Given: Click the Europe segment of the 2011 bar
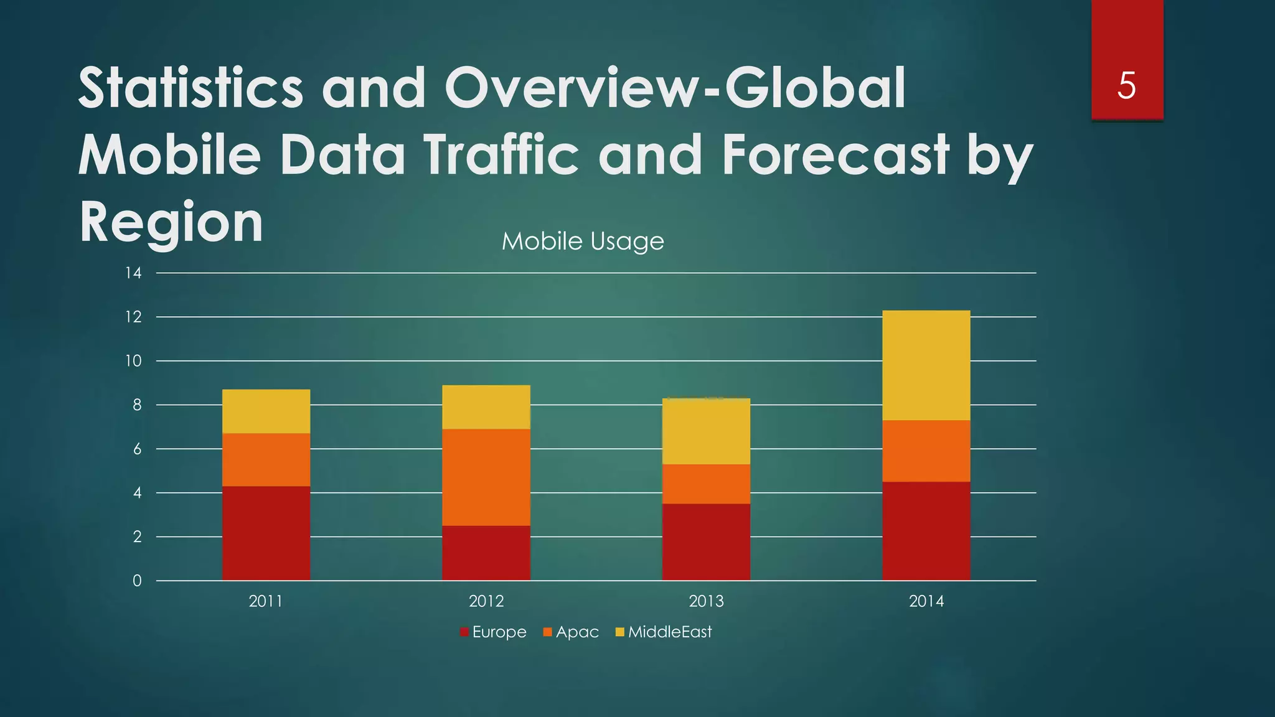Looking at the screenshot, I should pyautogui.click(x=266, y=533).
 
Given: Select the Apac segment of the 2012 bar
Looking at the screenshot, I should pyautogui.click(x=486, y=477).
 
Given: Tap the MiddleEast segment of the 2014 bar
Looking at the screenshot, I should pyautogui.click(x=926, y=365).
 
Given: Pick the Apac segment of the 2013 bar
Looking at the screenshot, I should pyautogui.click(x=706, y=484).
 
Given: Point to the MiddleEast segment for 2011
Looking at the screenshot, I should pyautogui.click(x=266, y=411).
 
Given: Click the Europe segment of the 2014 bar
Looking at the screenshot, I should pyautogui.click(x=926, y=531).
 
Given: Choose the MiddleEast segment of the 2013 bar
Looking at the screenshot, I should pyautogui.click(x=706, y=431).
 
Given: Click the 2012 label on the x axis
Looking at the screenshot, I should pyautogui.click(x=486, y=601).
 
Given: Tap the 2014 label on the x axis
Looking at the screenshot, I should pyautogui.click(x=926, y=601).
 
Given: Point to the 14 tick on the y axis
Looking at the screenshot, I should pyautogui.click(x=133, y=273).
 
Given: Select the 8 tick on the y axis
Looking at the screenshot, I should pyautogui.click(x=136, y=405).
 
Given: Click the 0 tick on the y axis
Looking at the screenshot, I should pyautogui.click(x=137, y=581).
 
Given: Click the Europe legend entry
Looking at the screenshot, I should pyautogui.click(x=494, y=632).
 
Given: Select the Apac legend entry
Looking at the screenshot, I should pyautogui.click(x=571, y=632).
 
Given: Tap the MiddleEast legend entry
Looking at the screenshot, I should pyautogui.click(x=664, y=632).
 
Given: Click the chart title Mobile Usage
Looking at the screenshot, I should pyautogui.click(x=583, y=241).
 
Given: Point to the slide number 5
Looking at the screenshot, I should pyautogui.click(x=1126, y=85).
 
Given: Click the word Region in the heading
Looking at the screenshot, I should pyautogui.click(x=171, y=222).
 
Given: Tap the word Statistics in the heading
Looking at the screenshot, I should pyautogui.click(x=191, y=88).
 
